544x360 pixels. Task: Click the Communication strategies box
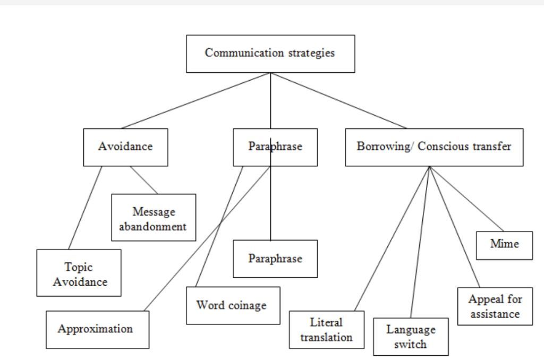tap(270, 54)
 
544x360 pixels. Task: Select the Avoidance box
tap(125, 147)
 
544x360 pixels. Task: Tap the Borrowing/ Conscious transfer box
tap(434, 147)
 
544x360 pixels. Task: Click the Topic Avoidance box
tap(79, 273)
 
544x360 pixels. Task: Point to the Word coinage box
tap(233, 305)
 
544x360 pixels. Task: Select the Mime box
tap(504, 245)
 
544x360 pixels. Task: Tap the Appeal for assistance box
tap(495, 306)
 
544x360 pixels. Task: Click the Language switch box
tap(411, 337)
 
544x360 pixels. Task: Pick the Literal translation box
tap(326, 329)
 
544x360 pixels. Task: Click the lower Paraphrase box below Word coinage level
tap(275, 259)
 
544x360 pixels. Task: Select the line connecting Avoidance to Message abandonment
tap(144, 180)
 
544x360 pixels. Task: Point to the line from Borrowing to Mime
tap(466, 199)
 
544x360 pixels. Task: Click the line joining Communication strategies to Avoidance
tap(195, 100)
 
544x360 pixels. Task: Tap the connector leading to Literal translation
tap(392, 238)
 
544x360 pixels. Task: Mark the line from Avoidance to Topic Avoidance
tap(85, 208)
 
